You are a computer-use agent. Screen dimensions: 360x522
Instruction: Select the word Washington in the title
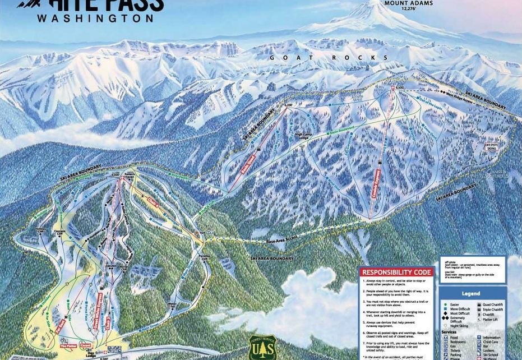[95, 17]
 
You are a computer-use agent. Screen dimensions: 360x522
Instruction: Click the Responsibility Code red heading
[396, 272]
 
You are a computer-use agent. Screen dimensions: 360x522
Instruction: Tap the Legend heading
[470, 294]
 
